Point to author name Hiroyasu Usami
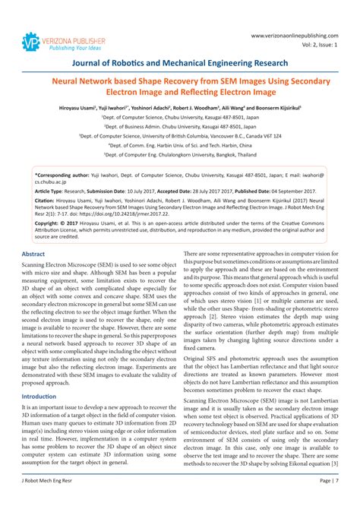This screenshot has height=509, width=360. click(x=81, y=109)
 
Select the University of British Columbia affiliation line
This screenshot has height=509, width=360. click(x=180, y=135)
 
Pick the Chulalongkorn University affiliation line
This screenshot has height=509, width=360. click(x=180, y=153)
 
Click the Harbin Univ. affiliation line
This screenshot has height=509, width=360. click(x=180, y=144)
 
